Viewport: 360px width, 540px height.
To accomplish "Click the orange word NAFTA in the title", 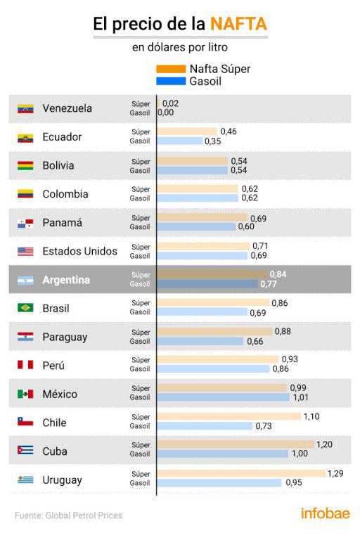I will tap(238, 24).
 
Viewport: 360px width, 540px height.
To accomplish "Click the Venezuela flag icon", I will tap(25, 109).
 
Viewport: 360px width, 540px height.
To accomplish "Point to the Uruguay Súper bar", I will tap(241, 474).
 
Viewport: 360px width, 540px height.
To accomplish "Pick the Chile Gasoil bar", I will tap(204, 426).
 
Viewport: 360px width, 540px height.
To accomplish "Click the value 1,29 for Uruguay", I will tap(337, 473).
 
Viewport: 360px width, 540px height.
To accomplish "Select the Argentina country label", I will tap(66, 280).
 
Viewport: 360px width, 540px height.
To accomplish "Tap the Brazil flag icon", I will tap(25, 308).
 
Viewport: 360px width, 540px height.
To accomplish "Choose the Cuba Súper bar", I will tap(235, 445).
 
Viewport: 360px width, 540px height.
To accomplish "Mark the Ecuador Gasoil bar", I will tap(179, 141).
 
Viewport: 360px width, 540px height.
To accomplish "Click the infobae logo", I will tap(325, 514).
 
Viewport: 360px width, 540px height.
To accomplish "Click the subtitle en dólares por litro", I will tap(180, 48).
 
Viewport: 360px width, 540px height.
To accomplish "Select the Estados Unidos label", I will tap(79, 251).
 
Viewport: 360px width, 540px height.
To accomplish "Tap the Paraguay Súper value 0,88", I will tap(283, 331).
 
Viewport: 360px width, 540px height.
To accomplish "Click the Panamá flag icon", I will tap(25, 223).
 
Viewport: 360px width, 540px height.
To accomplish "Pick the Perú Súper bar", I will tap(217, 359).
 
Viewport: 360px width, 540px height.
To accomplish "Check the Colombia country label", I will tap(65, 194).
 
